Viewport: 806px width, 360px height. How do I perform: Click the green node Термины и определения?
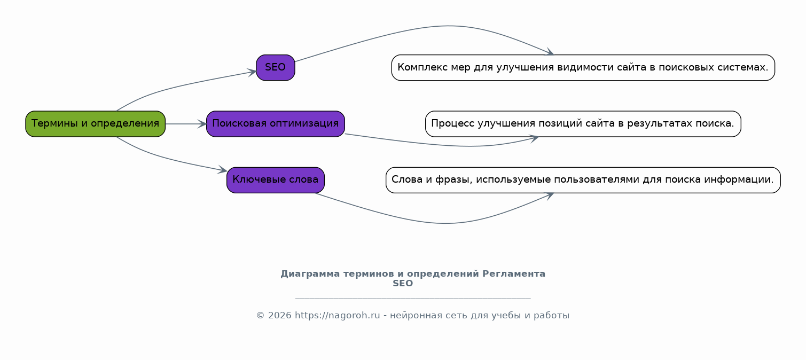(x=96, y=124)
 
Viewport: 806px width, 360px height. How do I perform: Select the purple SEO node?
(x=276, y=68)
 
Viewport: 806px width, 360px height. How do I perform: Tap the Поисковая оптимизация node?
(x=276, y=124)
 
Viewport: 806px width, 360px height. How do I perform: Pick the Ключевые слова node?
(x=276, y=180)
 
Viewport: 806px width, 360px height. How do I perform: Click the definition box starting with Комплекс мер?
(x=583, y=68)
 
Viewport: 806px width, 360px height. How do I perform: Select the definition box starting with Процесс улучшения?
(x=583, y=124)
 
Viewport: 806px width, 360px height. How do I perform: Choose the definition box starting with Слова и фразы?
(x=583, y=180)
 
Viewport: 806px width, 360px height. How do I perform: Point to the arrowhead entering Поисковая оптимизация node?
(x=202, y=124)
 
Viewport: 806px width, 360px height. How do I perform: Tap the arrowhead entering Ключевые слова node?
(x=223, y=170)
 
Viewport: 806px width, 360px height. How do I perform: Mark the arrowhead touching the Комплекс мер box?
(x=550, y=52)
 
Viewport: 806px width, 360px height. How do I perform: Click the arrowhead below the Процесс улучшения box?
(x=534, y=138)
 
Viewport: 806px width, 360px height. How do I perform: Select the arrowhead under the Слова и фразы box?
(x=550, y=196)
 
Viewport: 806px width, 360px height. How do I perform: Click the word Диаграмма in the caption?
(x=310, y=274)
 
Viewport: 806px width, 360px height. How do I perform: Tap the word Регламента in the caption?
(x=514, y=274)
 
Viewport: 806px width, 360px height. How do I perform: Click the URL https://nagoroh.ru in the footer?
(x=337, y=316)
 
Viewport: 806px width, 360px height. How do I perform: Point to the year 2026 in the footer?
(x=279, y=316)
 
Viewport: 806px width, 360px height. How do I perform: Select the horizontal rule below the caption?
(x=413, y=299)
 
